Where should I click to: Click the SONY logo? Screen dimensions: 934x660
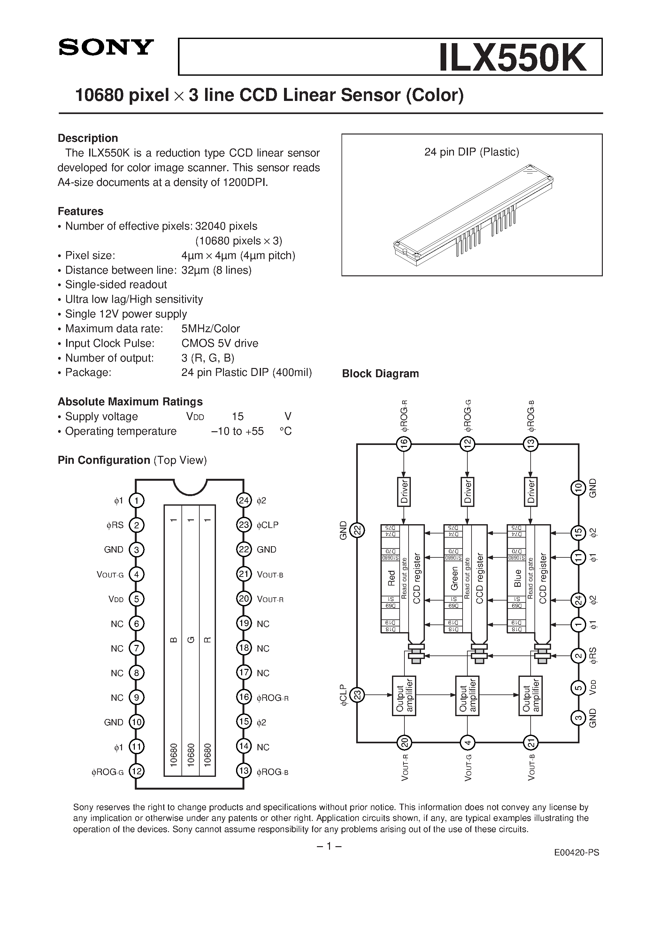[106, 48]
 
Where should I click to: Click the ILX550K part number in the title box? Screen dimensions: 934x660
[512, 58]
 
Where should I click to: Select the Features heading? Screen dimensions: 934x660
[81, 211]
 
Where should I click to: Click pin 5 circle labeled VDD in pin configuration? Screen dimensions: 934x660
[137, 599]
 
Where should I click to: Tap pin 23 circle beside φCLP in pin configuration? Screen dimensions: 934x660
[243, 525]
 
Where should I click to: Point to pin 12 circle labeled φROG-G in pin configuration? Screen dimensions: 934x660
[137, 771]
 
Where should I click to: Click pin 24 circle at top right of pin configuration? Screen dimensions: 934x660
[243, 500]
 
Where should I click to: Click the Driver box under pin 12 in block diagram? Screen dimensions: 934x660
[468, 492]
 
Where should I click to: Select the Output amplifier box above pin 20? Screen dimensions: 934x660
[404, 696]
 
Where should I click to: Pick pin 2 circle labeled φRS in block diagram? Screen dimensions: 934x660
[578, 656]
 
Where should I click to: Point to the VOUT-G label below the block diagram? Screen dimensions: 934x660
[468, 767]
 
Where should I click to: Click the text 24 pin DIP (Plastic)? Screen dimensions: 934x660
[472, 152]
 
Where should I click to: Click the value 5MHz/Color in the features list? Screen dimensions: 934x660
[211, 329]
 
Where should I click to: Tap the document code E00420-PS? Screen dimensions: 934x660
[577, 853]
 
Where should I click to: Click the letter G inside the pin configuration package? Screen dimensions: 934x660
[190, 640]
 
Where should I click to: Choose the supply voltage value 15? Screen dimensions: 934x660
[238, 417]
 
